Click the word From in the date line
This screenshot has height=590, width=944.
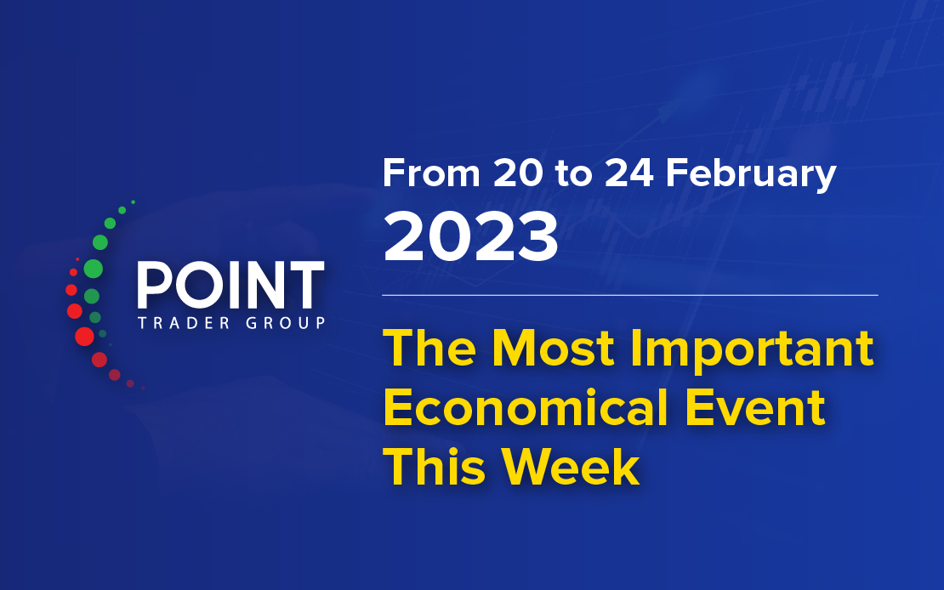431,173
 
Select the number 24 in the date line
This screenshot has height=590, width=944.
628,173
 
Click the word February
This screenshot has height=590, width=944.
751,175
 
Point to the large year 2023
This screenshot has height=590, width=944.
471,237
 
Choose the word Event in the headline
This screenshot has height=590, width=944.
755,407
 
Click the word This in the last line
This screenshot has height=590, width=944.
434,467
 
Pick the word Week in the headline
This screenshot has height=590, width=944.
571,467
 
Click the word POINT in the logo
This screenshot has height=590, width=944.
230,285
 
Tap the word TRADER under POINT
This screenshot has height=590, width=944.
184,323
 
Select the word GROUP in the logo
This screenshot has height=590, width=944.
286,323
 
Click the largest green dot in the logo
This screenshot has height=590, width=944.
93,269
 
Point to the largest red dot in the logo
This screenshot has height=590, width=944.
84,336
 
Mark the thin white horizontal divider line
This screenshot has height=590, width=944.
629,296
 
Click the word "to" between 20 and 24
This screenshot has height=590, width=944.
574,174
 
